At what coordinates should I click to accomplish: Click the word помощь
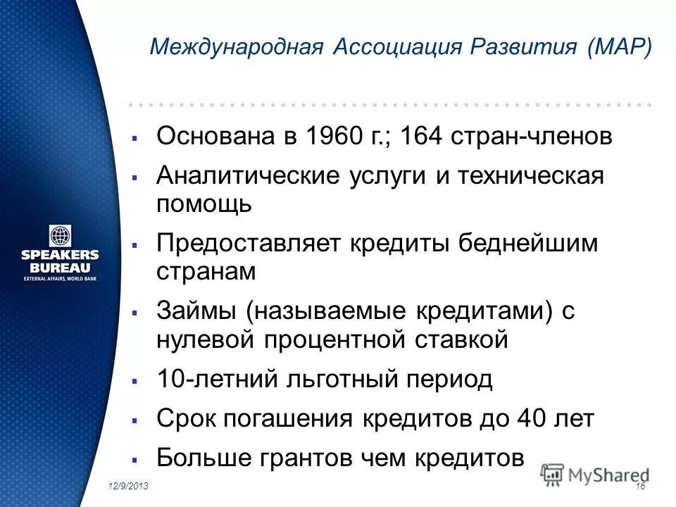pos(204,204)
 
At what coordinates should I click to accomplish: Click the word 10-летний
pos(218,380)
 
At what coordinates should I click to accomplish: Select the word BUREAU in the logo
pos(60,268)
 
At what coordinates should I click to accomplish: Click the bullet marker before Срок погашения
pos(134,420)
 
